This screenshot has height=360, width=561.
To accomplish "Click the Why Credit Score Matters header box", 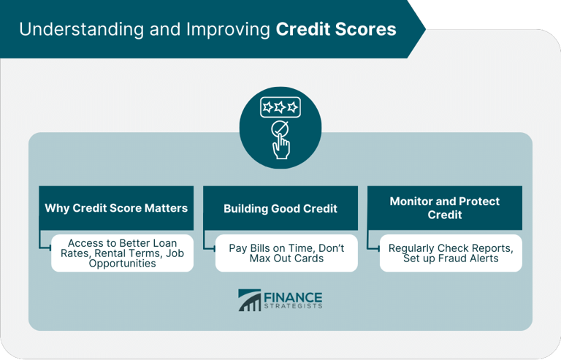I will click(x=116, y=208).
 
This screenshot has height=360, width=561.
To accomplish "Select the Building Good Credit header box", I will click(x=280, y=208).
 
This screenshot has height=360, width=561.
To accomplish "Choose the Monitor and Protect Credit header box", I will click(x=445, y=208).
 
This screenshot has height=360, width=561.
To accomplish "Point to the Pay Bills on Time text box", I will click(x=286, y=253).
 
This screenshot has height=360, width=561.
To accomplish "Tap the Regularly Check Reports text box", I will click(x=451, y=253).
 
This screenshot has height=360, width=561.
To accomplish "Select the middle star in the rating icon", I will click(x=280, y=107).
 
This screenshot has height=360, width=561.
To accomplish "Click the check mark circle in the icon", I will click(x=279, y=130).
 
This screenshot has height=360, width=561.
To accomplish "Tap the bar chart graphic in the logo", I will click(x=249, y=300).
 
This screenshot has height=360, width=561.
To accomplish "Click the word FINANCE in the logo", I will click(x=293, y=296).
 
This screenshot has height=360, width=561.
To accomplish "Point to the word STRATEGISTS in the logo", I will click(x=293, y=306).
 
